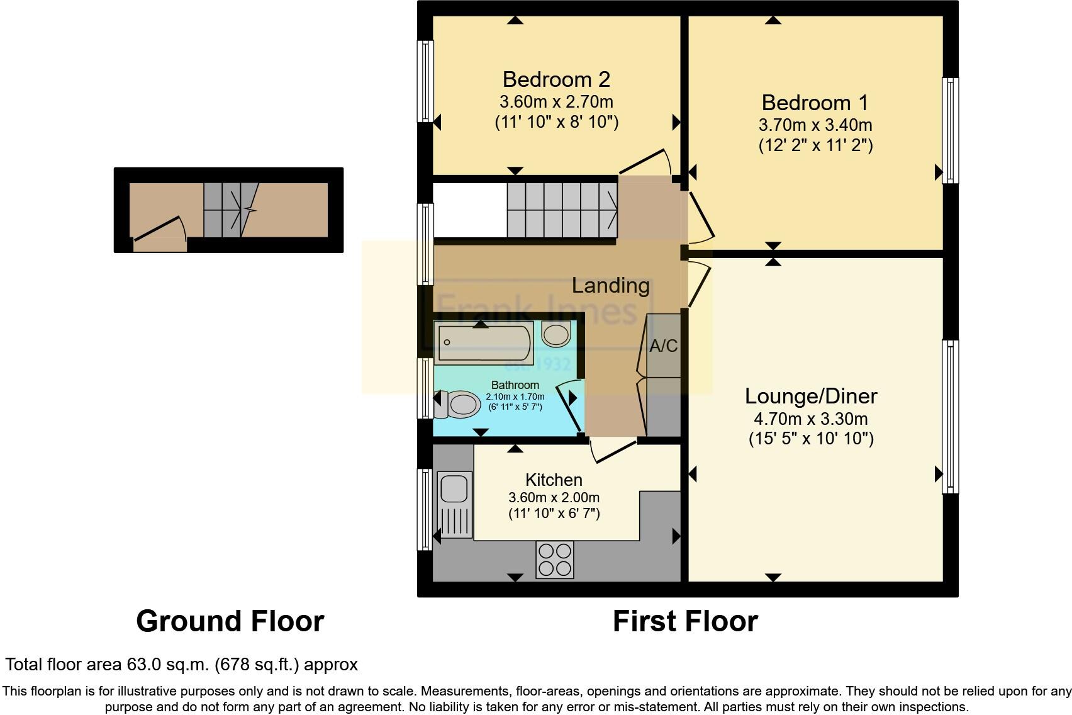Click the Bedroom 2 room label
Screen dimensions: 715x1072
pos(556,79)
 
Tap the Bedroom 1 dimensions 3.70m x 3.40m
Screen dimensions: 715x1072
pos(815,125)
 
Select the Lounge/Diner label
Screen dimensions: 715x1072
pos(811,396)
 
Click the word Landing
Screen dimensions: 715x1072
pos(610,285)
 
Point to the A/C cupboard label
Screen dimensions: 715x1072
pos(663,346)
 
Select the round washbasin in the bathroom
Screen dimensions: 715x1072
pos(556,335)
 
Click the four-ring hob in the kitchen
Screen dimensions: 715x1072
pos(555,560)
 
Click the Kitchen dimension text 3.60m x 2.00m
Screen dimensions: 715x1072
pos(554,497)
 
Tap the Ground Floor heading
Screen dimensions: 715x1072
pos(230,621)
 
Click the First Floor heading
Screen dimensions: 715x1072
pos(685,621)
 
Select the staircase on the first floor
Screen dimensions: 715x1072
pos(562,210)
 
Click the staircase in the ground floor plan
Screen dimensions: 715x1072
pos(230,210)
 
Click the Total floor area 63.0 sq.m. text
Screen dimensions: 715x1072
pos(181,664)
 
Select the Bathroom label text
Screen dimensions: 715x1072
pos(515,385)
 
